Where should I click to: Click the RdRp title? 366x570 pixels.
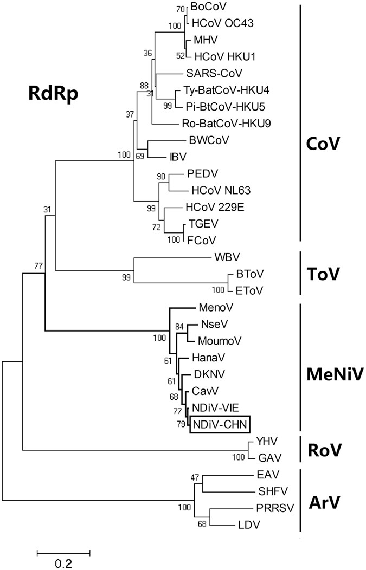click(x=53, y=95)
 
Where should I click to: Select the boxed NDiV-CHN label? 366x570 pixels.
click(x=220, y=424)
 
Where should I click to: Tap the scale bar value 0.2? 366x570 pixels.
click(x=63, y=563)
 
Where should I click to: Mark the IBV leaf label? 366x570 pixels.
click(x=175, y=157)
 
